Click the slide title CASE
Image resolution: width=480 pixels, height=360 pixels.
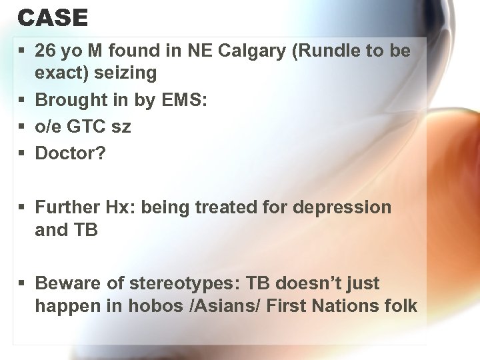click(53, 18)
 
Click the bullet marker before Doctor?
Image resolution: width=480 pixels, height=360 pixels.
click(23, 153)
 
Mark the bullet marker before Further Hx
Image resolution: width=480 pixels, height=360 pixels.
click(23, 208)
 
